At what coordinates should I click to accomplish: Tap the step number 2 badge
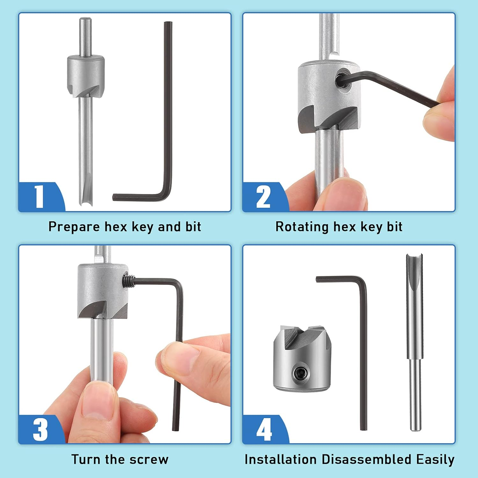click(x=263, y=197)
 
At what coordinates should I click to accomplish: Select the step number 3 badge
click(x=40, y=430)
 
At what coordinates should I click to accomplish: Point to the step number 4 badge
click(x=264, y=430)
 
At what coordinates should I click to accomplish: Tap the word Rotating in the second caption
click(x=302, y=227)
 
